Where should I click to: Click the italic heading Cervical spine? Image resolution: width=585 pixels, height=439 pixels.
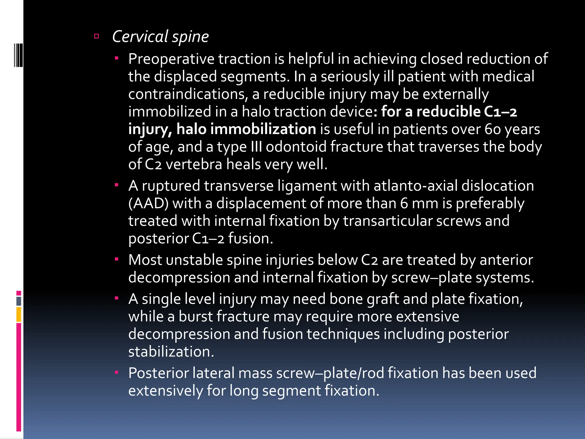point(160,37)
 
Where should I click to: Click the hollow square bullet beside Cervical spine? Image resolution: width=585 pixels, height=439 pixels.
point(97,36)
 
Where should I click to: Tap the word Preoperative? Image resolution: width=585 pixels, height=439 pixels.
point(171,59)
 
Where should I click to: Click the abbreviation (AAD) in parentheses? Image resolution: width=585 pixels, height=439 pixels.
point(148,203)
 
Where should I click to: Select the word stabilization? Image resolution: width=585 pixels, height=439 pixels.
point(171,352)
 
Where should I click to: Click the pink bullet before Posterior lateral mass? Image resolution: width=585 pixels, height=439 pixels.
point(117,372)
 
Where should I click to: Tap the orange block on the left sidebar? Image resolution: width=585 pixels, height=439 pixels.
point(19,314)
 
